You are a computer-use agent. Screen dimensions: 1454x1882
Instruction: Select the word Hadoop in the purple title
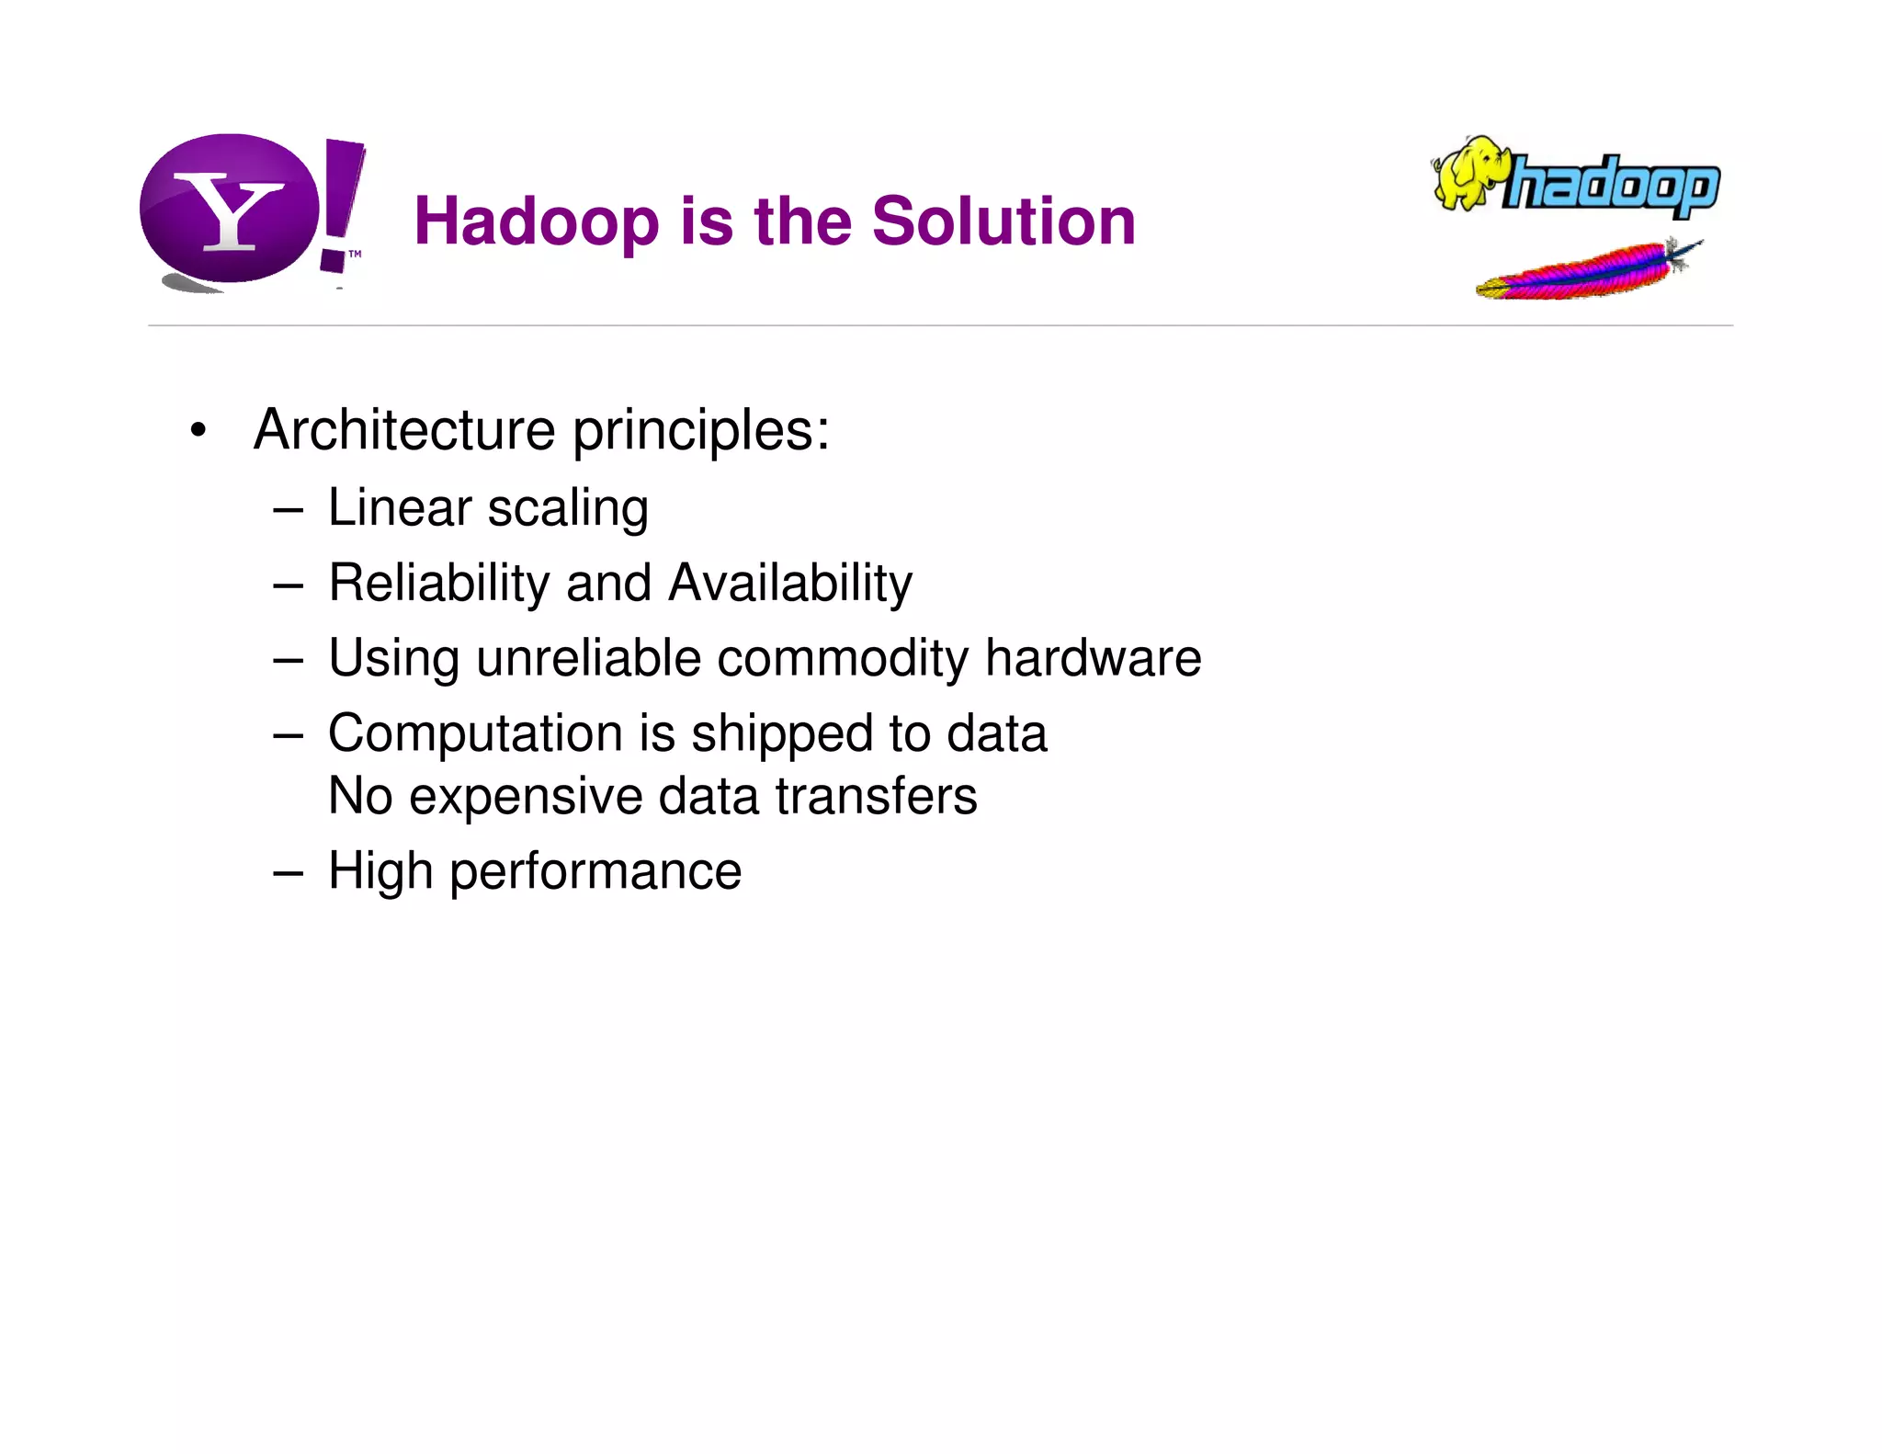coord(536,222)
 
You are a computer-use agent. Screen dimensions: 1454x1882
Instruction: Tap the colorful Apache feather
coord(1586,272)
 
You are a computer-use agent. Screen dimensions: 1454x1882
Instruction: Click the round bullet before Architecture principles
coord(198,431)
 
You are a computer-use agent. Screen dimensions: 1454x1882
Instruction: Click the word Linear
coord(400,508)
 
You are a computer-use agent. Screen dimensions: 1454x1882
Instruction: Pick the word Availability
coord(790,584)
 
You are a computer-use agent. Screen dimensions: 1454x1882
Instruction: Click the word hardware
coord(1093,658)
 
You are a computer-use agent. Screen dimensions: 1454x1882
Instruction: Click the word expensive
coord(525,797)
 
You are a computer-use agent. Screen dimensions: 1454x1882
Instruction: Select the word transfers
coord(876,796)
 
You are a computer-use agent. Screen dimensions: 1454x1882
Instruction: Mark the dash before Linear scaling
coord(288,509)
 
